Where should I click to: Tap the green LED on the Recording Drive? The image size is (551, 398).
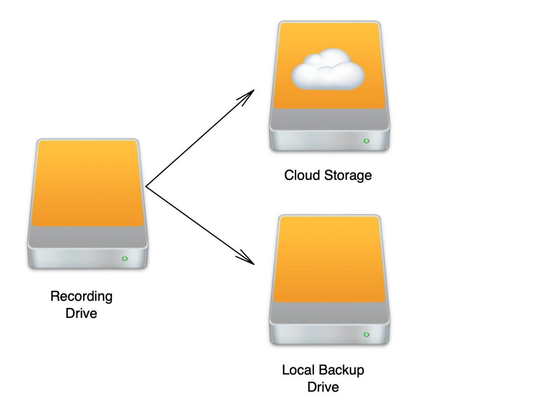click(x=125, y=259)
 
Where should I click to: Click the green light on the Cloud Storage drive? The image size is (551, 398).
click(x=366, y=141)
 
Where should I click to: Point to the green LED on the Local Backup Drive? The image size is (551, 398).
click(x=366, y=335)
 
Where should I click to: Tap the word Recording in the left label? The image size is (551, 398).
click(x=81, y=296)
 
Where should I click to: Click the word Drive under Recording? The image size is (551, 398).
click(x=81, y=313)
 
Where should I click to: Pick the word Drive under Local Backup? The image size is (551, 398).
click(x=323, y=387)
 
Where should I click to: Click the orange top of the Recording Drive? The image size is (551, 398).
click(x=88, y=183)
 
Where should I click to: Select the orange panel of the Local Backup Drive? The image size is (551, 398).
click(x=329, y=258)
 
